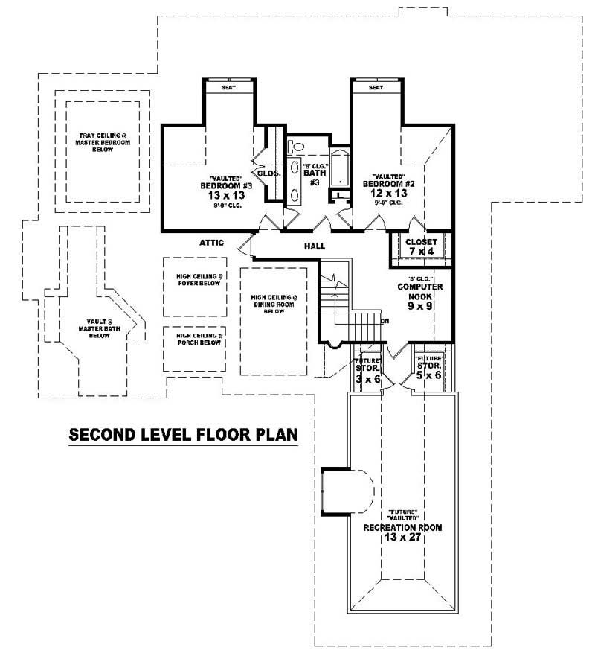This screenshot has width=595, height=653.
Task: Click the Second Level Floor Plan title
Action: coord(183,434)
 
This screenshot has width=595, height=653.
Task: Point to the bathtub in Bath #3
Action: coord(339,168)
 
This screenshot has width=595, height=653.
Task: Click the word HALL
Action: coord(315,246)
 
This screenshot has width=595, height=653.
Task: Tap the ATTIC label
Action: coord(212,242)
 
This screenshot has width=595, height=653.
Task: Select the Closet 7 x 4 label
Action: coord(420,246)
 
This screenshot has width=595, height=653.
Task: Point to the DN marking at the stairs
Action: coord(385,322)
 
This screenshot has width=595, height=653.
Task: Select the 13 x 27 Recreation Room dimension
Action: coord(402,537)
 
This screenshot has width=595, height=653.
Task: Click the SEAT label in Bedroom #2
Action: coord(376,87)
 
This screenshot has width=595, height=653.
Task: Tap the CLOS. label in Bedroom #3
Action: coord(268,173)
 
